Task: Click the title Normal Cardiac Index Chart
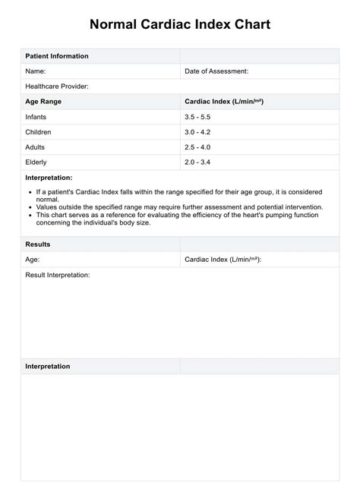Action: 179,25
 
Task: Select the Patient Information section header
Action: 57,56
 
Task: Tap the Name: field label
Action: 36,71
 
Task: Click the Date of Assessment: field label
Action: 216,71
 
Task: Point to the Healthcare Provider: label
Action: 57,87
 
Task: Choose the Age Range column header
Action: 44,101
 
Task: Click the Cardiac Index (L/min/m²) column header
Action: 224,101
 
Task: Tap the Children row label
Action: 39,132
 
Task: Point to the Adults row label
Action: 36,147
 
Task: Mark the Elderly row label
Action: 36,162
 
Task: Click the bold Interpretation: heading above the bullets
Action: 49,177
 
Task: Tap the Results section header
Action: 39,244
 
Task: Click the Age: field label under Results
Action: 33,260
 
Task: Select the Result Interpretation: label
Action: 58,275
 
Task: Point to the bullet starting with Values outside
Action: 179,206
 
